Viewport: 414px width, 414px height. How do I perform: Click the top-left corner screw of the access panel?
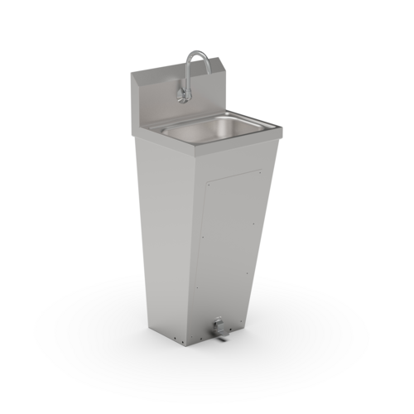[x=205, y=186]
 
